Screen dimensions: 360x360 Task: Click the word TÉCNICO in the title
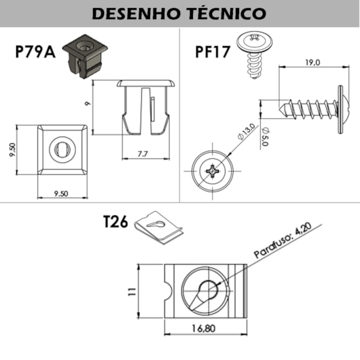point(227,14)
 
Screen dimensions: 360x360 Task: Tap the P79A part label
point(35,52)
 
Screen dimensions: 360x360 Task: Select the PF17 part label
point(213,52)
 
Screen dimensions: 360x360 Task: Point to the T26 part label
point(115,222)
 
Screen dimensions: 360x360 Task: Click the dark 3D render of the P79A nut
point(85,56)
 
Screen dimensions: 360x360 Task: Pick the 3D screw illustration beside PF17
point(255,56)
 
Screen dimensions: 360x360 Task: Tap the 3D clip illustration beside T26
point(159,228)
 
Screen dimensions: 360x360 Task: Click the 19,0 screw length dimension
point(312,62)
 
